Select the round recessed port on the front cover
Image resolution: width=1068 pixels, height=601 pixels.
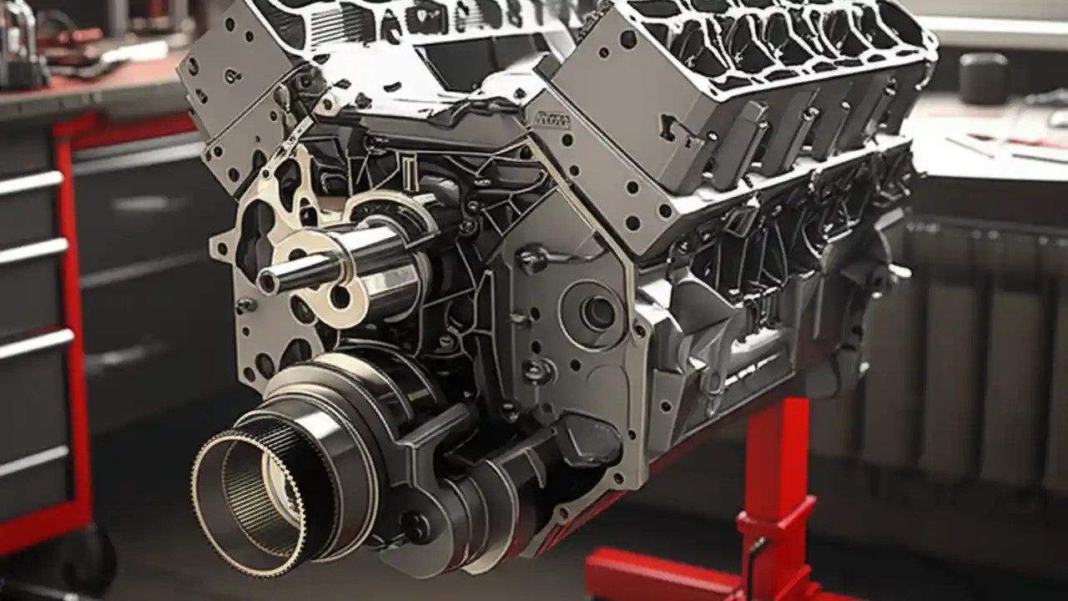[597, 312]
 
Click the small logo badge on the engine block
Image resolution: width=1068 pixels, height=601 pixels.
[552, 119]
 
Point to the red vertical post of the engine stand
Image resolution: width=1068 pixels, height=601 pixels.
[772, 467]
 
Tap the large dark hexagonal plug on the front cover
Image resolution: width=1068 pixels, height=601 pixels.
[588, 438]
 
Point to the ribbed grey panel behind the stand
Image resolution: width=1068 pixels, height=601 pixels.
[960, 351]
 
